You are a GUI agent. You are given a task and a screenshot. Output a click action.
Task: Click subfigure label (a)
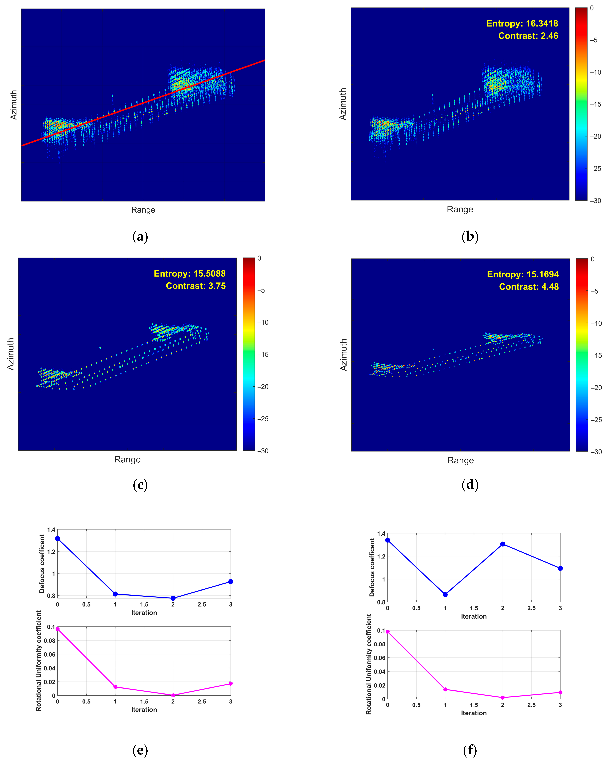click(140, 236)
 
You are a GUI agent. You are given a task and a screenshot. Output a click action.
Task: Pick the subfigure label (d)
click(470, 484)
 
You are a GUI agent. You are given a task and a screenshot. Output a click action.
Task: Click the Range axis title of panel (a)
click(143, 210)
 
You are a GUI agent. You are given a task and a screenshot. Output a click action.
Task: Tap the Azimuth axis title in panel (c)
click(11, 354)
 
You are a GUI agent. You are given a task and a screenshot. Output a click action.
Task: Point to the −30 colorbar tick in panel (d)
click(596, 452)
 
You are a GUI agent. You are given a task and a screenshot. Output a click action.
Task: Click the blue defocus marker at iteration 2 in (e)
click(173, 598)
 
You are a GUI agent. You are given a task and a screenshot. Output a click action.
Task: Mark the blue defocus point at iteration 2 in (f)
click(503, 544)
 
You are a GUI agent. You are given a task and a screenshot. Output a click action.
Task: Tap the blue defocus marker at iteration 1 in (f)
click(445, 594)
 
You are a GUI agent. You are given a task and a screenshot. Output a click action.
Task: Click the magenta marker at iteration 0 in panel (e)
click(58, 629)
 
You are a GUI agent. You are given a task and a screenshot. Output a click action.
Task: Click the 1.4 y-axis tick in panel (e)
click(51, 530)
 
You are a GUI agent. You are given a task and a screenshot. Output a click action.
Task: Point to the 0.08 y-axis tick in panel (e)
click(49, 640)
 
